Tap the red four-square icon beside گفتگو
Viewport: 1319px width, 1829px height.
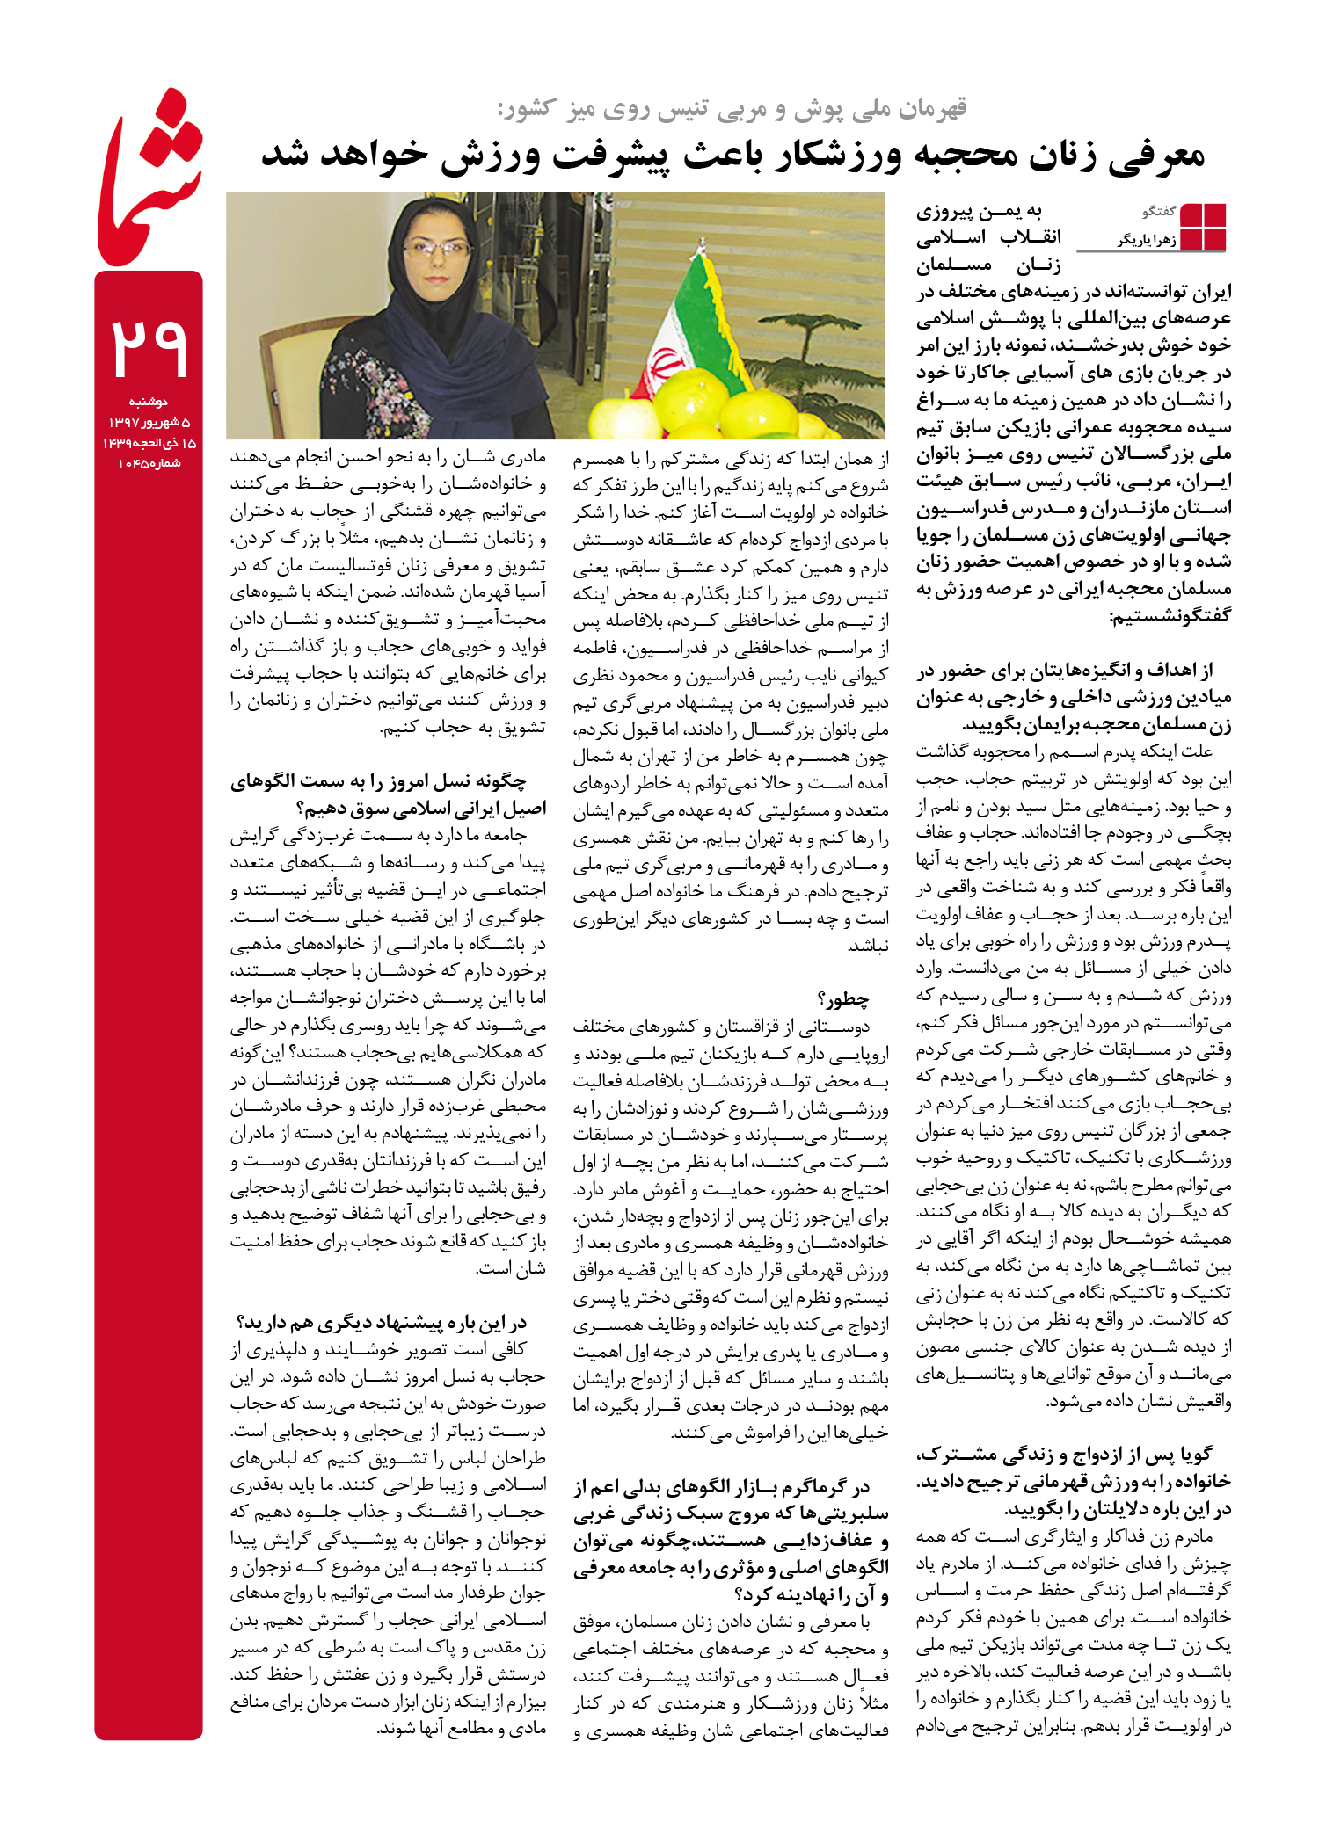pos(1203,227)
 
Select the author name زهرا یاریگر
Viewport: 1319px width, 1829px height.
pos(1147,240)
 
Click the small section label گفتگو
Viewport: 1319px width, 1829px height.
pos(1158,212)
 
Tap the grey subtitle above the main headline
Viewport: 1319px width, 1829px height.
pos(732,109)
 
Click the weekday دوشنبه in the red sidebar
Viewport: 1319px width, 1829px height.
pos(149,402)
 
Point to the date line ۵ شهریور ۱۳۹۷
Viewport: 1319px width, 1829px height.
pos(149,423)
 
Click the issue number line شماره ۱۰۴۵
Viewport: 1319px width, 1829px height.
pos(149,464)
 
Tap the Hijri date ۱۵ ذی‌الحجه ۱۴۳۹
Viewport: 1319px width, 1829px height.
pos(149,443)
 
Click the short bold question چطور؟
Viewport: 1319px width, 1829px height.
pos(843,999)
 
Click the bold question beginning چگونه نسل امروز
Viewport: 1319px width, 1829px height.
pos(378,780)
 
